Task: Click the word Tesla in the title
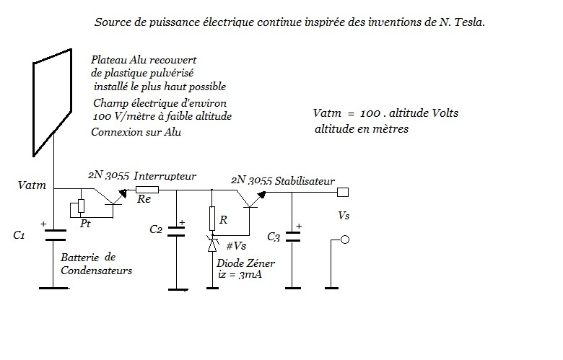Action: (469, 22)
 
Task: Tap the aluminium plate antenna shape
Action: (34, 107)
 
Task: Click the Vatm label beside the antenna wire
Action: (32, 185)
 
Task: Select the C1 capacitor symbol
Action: (55, 235)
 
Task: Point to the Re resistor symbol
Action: (147, 190)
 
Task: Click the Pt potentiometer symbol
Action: (81, 206)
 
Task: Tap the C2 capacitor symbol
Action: (176, 232)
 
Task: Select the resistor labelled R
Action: (212, 219)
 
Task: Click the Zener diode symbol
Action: (212, 244)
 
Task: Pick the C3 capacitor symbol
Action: (292, 237)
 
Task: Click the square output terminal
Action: (343, 193)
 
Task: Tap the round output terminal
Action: (345, 240)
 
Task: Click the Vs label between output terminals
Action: (344, 216)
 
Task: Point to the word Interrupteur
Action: (165, 176)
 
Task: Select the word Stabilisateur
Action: (305, 181)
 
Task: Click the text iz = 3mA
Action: (240, 275)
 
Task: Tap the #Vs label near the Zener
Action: (236, 246)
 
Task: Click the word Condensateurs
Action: (96, 271)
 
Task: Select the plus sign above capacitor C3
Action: (299, 226)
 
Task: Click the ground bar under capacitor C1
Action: (53, 288)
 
